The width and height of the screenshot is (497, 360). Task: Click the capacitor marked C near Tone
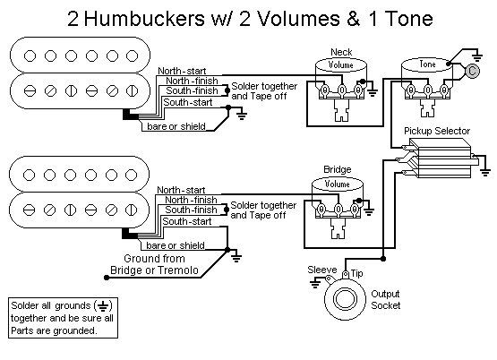472,71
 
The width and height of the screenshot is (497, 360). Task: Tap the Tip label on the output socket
357,273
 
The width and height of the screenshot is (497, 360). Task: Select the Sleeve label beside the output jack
322,270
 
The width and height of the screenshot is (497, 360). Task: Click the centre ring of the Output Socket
344,299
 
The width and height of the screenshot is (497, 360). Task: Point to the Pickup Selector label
437,131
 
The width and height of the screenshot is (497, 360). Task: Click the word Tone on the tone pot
427,64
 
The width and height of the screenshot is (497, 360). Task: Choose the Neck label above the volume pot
341,52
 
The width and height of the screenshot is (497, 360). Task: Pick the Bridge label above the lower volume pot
338,169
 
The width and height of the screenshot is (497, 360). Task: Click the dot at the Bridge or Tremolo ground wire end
107,278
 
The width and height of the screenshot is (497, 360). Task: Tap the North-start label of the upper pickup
182,71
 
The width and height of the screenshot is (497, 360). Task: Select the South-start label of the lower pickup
186,221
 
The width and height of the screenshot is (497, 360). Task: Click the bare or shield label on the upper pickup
176,126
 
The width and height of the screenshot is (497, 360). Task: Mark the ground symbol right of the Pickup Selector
485,173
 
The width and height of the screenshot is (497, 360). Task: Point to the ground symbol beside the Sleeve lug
315,283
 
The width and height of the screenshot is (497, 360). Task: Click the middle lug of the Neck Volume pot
341,90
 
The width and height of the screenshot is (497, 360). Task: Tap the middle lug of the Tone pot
427,90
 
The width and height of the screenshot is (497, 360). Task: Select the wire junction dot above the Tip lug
383,259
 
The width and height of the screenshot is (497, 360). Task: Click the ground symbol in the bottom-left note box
102,305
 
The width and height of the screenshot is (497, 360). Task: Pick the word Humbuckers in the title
144,19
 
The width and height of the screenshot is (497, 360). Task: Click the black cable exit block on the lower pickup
130,234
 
